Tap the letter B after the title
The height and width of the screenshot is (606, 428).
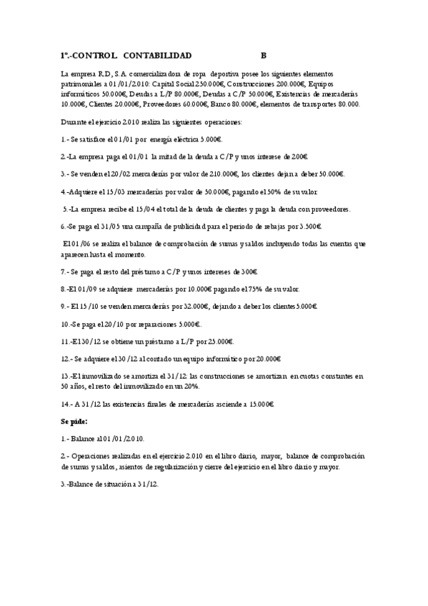tap(263, 54)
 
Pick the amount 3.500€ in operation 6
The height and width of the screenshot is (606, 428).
tap(307, 227)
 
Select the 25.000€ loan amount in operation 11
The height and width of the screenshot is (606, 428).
tap(218, 341)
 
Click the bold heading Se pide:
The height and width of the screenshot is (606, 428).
tap(74, 422)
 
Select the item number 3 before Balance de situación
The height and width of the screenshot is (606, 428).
tap(63, 484)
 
